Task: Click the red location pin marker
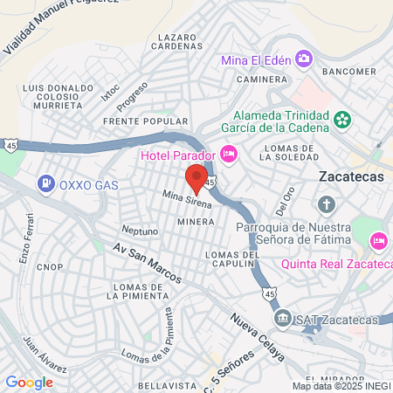click(x=196, y=179)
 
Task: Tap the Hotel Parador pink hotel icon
click(x=229, y=155)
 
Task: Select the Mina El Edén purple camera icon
click(x=304, y=59)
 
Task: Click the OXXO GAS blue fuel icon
click(x=45, y=184)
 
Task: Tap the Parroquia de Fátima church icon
click(x=326, y=206)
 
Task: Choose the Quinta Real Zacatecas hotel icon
click(x=378, y=239)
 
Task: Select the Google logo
click(x=30, y=382)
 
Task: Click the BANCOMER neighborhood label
click(x=348, y=72)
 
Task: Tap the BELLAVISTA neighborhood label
click(x=162, y=384)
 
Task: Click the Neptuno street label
click(x=140, y=231)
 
